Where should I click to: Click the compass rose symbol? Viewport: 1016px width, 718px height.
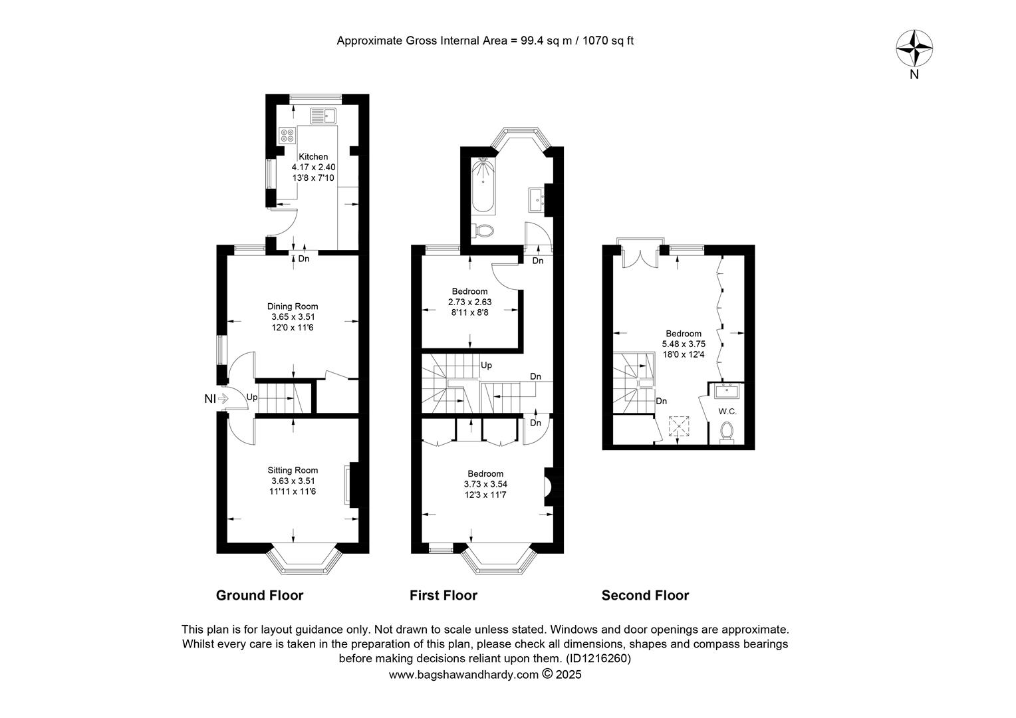point(914,48)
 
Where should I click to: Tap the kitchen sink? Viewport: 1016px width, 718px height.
point(323,116)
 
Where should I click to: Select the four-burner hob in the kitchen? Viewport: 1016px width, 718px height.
point(287,135)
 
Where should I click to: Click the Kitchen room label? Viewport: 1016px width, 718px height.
point(313,156)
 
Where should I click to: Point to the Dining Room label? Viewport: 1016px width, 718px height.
point(293,306)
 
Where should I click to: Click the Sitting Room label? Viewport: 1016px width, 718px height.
point(293,470)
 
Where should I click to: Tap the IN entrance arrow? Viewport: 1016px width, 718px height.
point(223,399)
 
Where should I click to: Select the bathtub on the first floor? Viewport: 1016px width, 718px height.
point(483,185)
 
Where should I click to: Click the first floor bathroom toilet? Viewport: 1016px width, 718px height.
point(483,231)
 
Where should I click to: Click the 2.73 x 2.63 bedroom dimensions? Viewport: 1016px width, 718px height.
point(470,302)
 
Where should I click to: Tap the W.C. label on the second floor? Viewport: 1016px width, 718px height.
point(727,412)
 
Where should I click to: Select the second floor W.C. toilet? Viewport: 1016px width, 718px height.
point(727,432)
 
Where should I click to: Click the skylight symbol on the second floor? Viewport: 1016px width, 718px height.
point(678,426)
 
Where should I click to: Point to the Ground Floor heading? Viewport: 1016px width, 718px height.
point(259,595)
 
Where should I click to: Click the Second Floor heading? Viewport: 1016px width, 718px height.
point(645,595)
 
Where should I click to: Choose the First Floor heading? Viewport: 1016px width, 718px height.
point(443,595)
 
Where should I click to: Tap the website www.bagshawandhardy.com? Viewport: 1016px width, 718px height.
point(463,675)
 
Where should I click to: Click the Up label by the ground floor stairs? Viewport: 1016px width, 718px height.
point(252,398)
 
